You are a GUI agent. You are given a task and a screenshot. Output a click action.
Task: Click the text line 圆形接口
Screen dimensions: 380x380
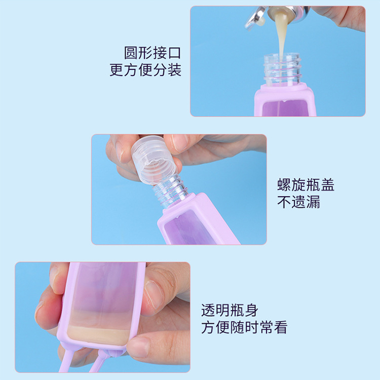[153, 53]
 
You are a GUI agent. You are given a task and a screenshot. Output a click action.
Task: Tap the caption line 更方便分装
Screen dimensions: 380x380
[145, 70]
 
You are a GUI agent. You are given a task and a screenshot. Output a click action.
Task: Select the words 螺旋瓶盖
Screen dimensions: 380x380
[306, 184]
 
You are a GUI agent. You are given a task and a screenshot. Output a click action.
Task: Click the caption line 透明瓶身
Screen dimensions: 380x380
[229, 310]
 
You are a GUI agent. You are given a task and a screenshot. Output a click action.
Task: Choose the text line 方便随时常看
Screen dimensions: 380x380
[244, 327]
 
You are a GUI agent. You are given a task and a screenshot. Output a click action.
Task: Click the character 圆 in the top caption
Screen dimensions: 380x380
[131, 53]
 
